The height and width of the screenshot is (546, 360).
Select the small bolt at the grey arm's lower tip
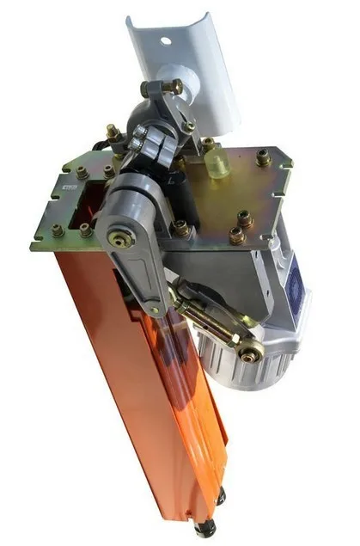point(154,310)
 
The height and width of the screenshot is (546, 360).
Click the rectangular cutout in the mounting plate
point(87,202)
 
